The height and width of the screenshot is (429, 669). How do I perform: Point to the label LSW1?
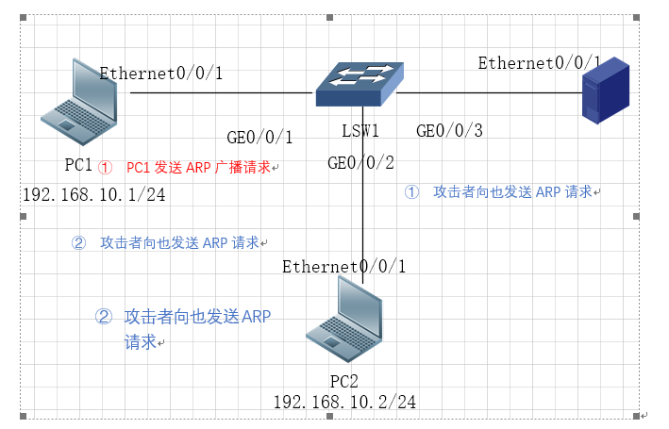click(361, 130)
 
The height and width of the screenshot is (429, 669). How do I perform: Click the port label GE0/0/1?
click(259, 137)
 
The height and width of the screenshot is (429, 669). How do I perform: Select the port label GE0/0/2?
click(360, 163)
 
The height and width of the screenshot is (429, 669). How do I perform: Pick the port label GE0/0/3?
click(449, 131)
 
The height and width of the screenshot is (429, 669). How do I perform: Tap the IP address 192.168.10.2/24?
click(344, 402)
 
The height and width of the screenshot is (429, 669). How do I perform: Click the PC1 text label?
click(78, 166)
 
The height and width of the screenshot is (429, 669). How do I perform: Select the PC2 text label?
click(344, 381)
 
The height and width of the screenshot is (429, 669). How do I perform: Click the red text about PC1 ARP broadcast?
click(197, 167)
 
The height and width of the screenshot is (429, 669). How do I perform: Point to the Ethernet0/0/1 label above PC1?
click(161, 73)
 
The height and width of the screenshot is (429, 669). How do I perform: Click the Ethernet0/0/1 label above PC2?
click(344, 267)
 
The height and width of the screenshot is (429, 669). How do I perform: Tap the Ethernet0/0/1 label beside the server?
click(539, 63)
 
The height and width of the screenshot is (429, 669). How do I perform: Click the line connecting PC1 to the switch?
click(221, 92)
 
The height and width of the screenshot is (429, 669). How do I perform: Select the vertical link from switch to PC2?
click(361, 226)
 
